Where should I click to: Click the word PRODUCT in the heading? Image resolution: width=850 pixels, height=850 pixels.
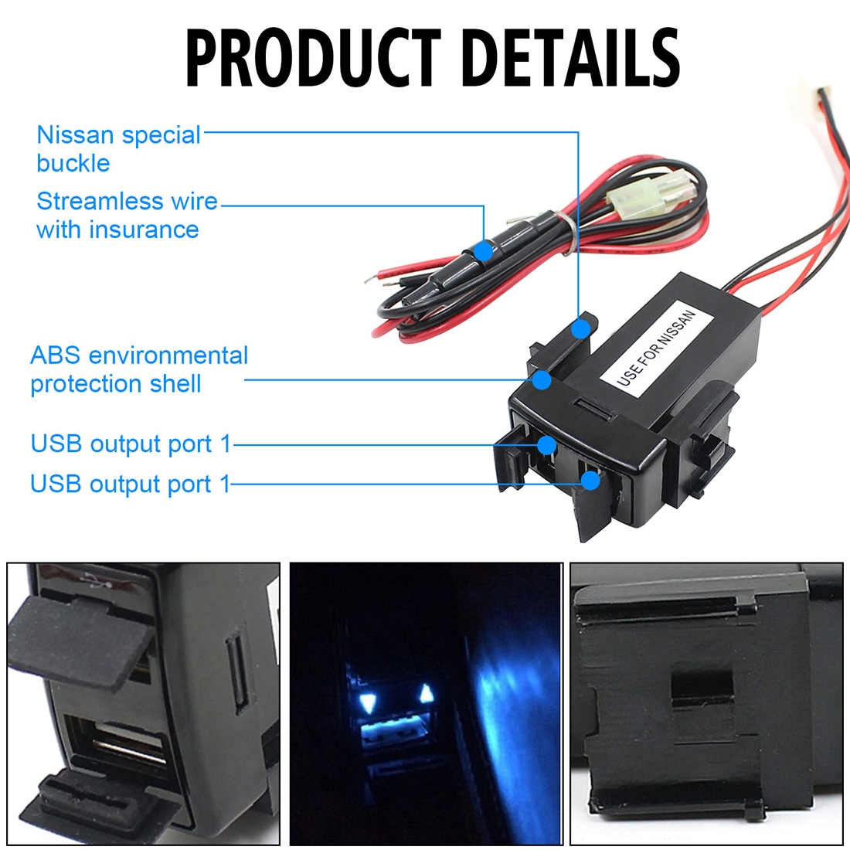(x=314, y=57)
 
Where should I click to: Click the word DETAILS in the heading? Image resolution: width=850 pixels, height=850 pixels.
(x=572, y=57)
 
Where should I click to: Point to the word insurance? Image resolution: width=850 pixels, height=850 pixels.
(x=144, y=229)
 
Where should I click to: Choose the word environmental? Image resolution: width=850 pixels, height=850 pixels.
(x=168, y=355)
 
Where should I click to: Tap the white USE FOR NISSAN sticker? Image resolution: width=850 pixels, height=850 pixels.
(x=655, y=348)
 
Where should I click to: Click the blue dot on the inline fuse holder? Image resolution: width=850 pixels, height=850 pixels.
(x=483, y=251)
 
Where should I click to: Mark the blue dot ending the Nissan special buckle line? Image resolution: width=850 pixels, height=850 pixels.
(x=580, y=328)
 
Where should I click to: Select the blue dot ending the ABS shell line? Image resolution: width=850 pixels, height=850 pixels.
(x=542, y=380)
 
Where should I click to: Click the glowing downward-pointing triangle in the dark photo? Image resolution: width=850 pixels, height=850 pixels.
(x=368, y=703)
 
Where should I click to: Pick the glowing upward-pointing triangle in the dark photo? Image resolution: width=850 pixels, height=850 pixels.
(x=427, y=693)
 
